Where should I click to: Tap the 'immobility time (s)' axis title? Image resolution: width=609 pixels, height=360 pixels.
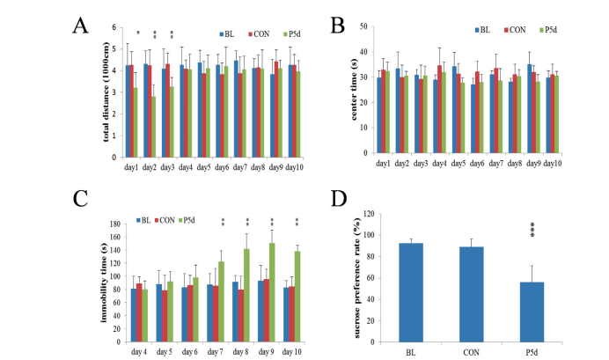106,268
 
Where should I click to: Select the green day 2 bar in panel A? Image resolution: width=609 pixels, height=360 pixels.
152,126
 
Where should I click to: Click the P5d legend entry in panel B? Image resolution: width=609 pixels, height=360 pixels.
548,31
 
